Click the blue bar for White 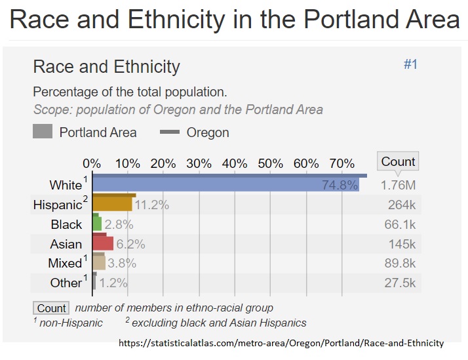[223, 185]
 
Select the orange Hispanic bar [113, 205]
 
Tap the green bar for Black [97, 224]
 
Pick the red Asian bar [104, 244]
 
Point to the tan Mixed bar [99, 263]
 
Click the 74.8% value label [339, 185]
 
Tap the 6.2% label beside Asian [130, 245]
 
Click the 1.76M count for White [398, 185]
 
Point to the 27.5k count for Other [400, 283]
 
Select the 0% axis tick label [92, 163]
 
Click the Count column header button [398, 161]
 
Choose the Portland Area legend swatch [42, 132]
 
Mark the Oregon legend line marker [170, 132]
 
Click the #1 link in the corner [410, 64]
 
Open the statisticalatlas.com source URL [281, 343]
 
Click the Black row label [66, 224]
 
